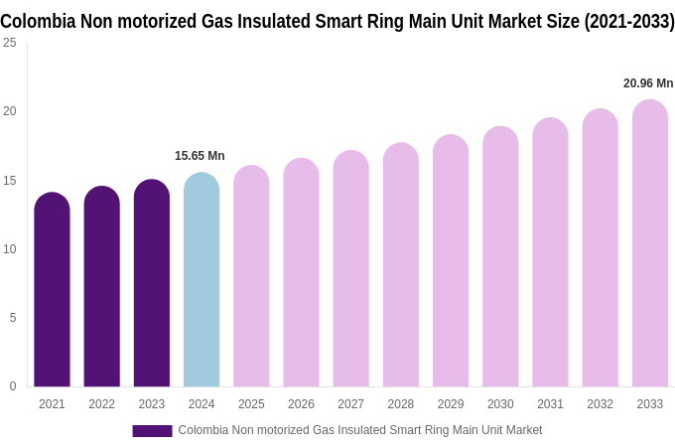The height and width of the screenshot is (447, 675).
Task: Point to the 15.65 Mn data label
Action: [200, 156]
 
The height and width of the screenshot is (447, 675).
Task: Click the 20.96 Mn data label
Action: [648, 83]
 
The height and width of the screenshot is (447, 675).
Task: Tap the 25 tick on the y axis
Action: [10, 43]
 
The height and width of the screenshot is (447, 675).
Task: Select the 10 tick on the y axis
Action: [10, 248]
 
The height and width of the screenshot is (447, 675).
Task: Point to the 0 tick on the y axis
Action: [13, 386]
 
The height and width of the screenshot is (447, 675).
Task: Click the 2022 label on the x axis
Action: [101, 404]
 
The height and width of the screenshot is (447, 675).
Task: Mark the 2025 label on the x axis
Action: [251, 404]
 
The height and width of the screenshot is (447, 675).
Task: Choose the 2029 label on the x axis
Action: [451, 404]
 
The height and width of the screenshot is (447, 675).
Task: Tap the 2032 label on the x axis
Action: [600, 404]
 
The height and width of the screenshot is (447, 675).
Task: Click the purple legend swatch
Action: [152, 431]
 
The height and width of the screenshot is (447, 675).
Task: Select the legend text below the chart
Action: [360, 430]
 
